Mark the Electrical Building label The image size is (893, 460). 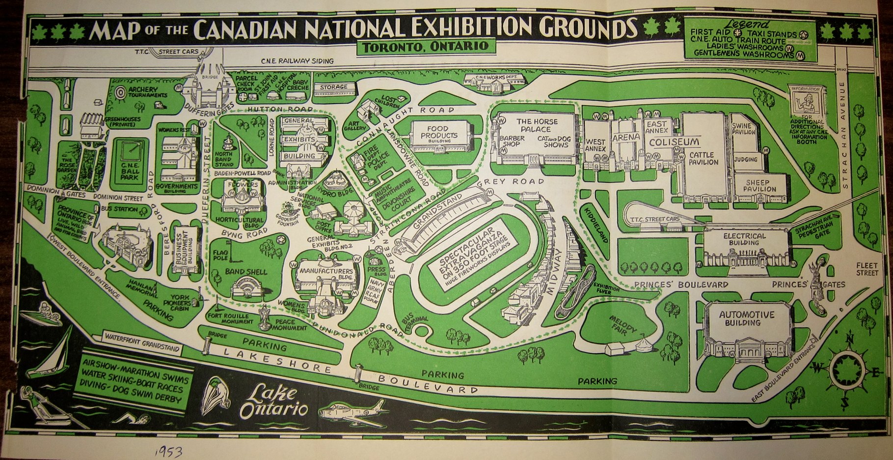click(744, 239)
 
